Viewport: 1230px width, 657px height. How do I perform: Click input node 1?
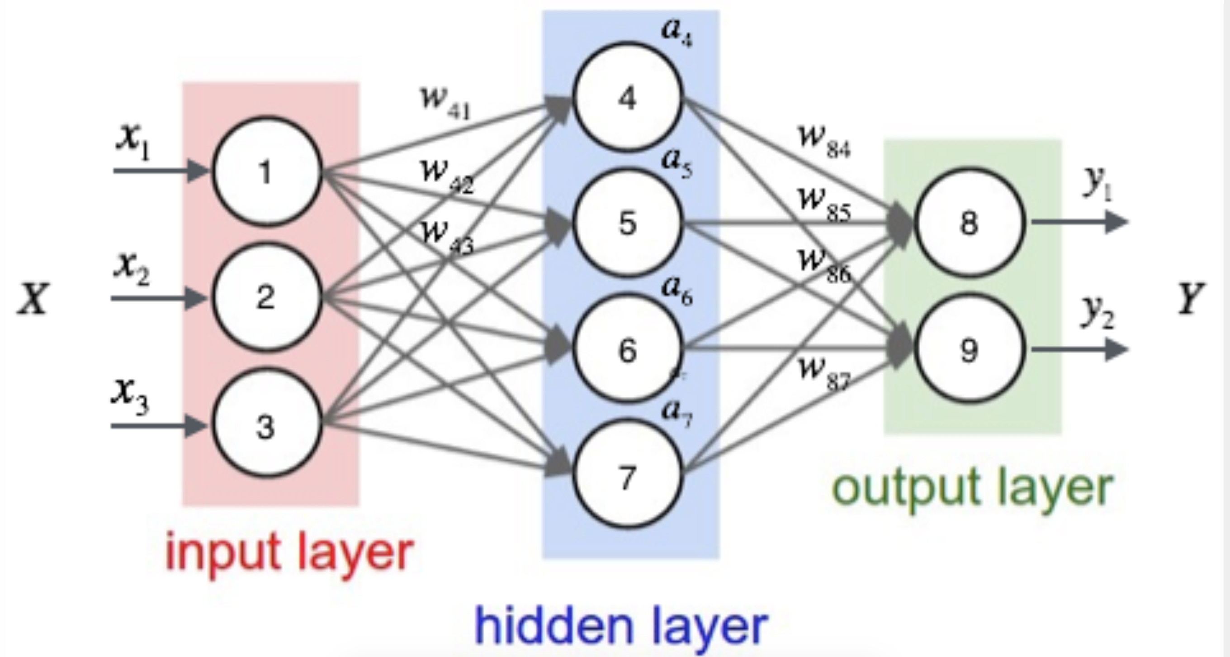point(266,171)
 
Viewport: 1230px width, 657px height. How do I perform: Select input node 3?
point(266,425)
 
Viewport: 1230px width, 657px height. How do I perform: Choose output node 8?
point(969,223)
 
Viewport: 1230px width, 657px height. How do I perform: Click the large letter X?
point(33,299)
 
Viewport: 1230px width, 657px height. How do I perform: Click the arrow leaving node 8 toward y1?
point(1079,222)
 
